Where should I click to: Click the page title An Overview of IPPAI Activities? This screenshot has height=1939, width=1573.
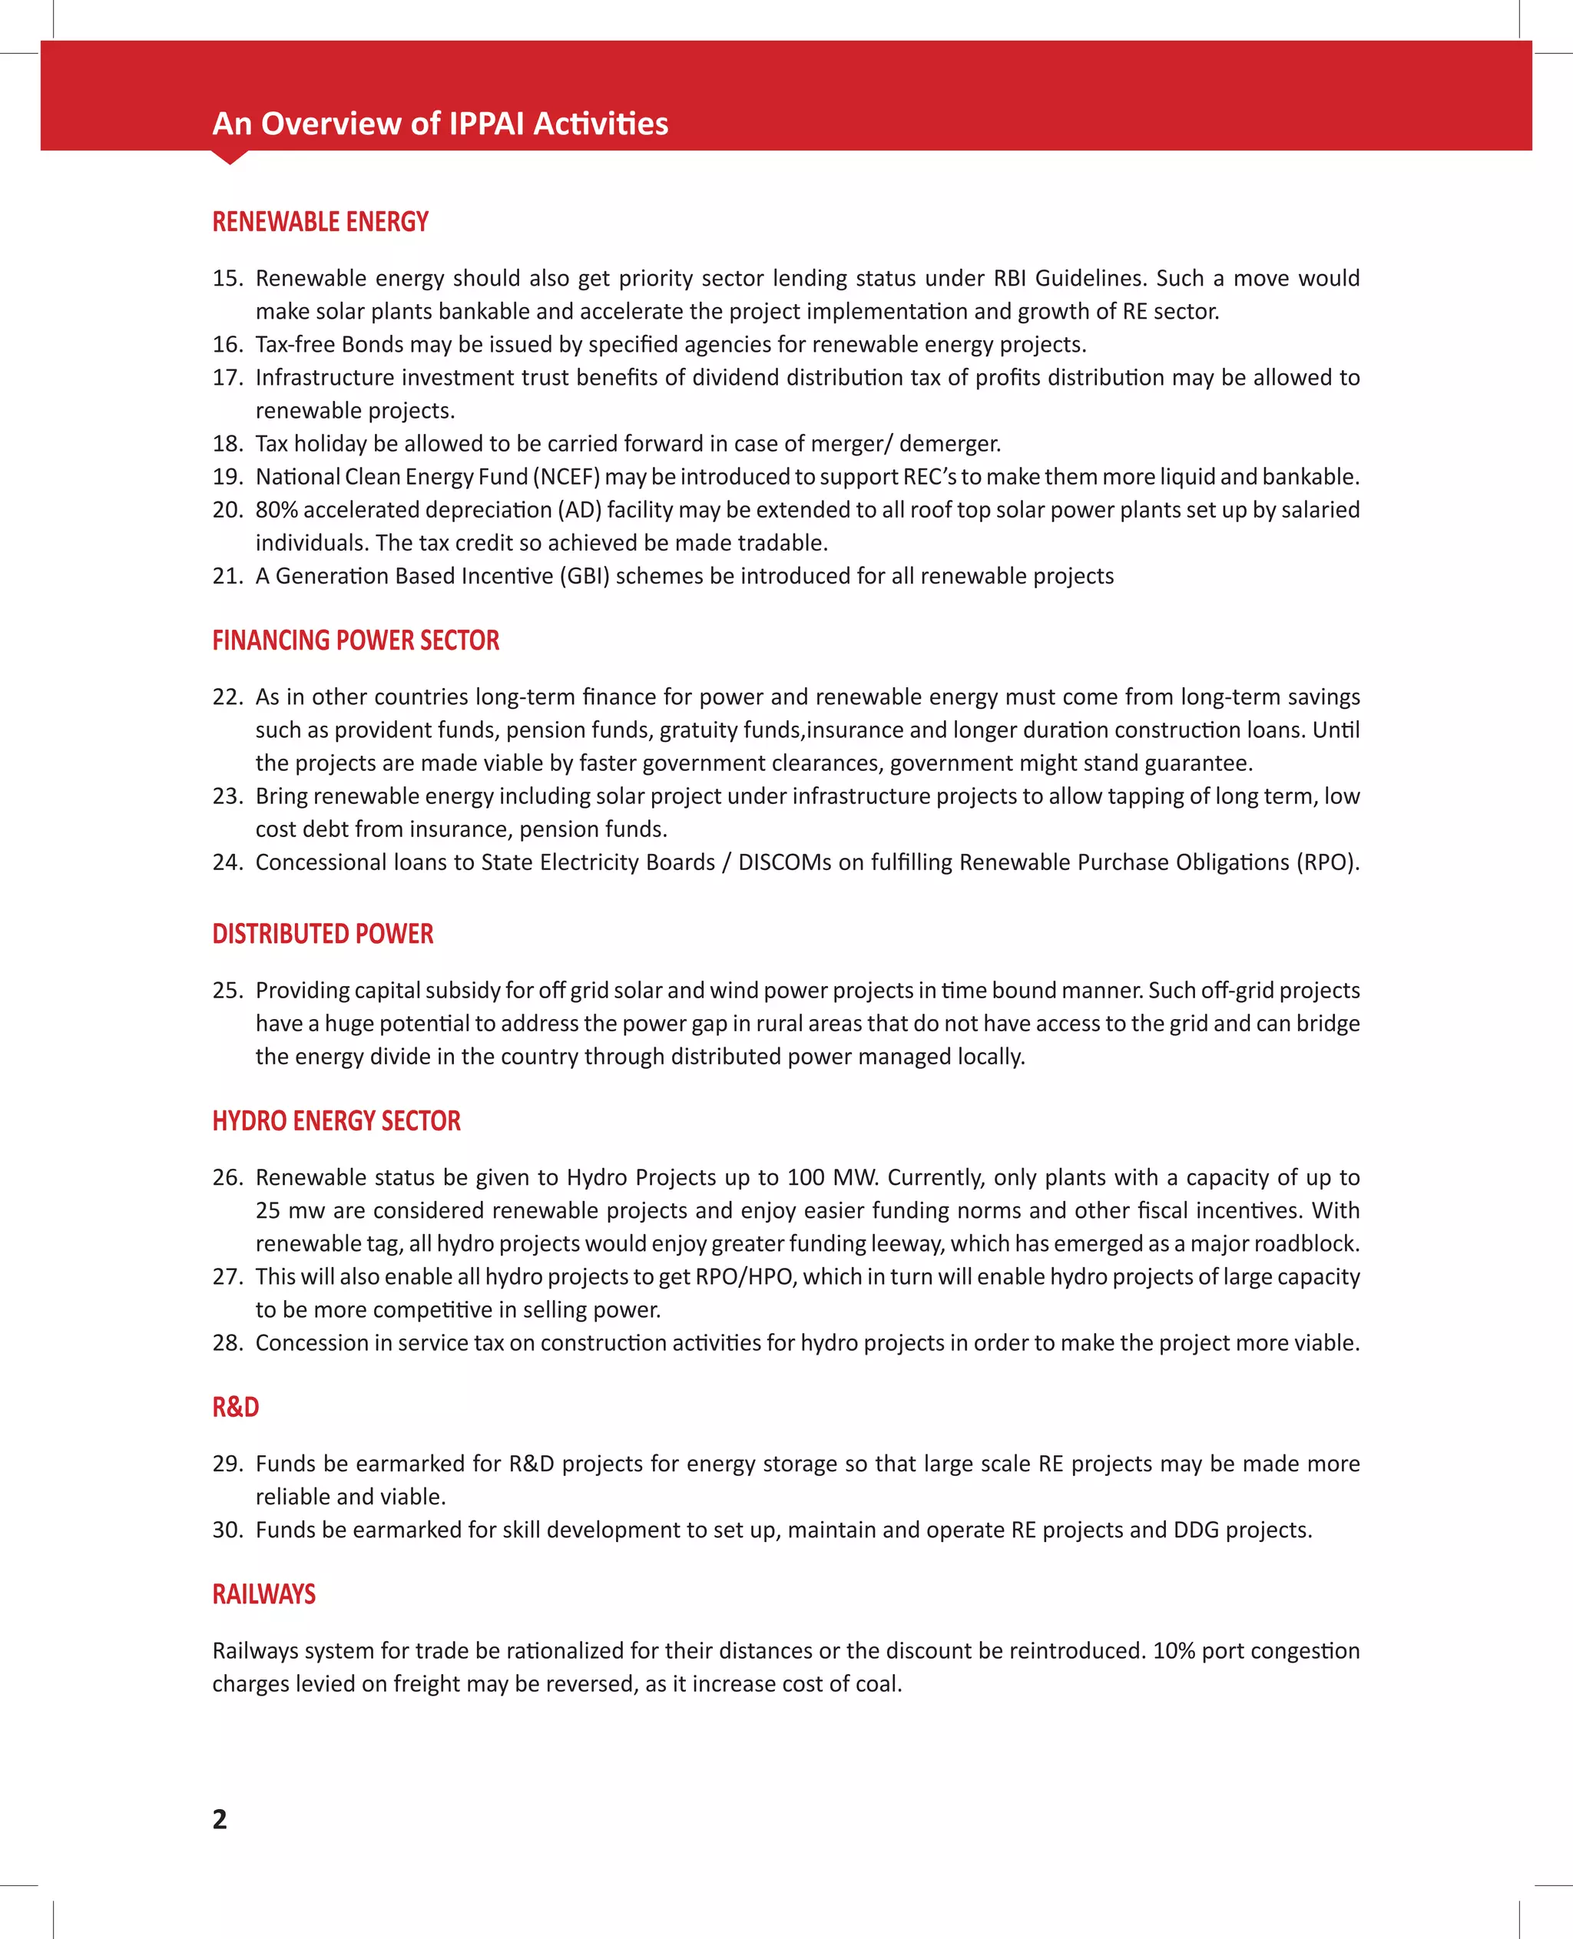pyautogui.click(x=439, y=123)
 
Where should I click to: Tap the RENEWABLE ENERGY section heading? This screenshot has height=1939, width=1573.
pyautogui.click(x=320, y=222)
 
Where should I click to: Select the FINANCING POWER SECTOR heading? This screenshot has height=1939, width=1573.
pyautogui.click(x=355, y=640)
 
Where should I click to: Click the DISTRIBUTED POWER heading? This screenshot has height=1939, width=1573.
pyautogui.click(x=323, y=934)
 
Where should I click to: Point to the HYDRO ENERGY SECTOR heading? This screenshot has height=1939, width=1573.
pyautogui.click(x=336, y=1121)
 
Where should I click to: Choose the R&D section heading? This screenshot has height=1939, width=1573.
pyautogui.click(x=236, y=1407)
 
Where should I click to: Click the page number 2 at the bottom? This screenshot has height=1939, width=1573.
pyautogui.click(x=219, y=1818)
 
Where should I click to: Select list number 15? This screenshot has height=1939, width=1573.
pyautogui.click(x=227, y=278)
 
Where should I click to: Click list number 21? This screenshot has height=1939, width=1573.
pyautogui.click(x=227, y=576)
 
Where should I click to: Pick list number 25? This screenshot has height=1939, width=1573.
pyautogui.click(x=227, y=991)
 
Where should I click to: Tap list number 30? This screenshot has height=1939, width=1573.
pyautogui.click(x=227, y=1530)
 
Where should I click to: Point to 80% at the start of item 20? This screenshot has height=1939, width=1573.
pyautogui.click(x=277, y=510)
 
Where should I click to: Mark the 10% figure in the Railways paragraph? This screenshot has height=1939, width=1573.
pyautogui.click(x=1174, y=1650)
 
